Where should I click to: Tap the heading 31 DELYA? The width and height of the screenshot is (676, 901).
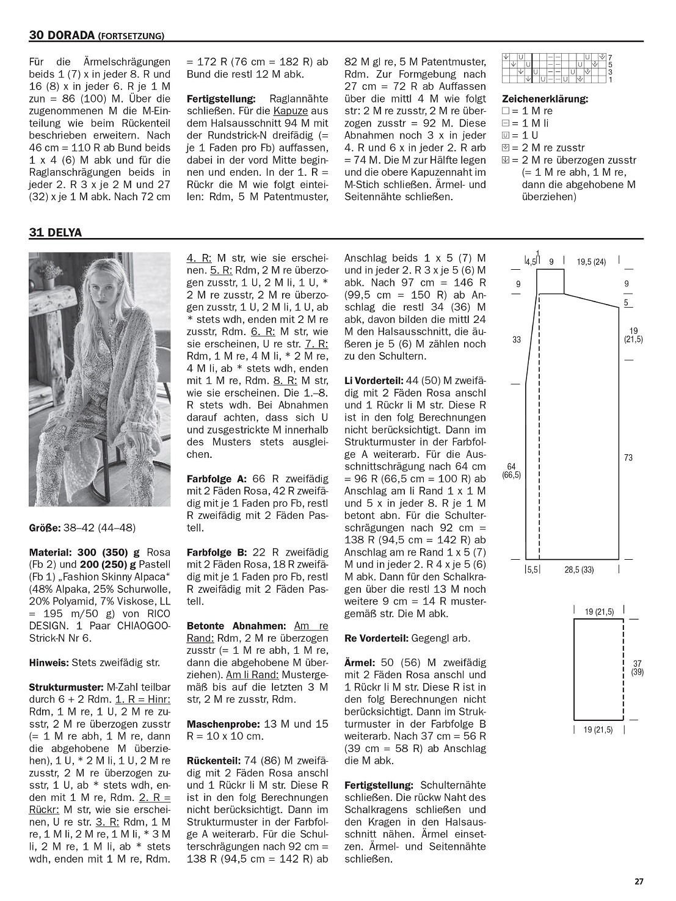pyautogui.click(x=55, y=232)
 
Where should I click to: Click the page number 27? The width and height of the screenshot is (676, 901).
pyautogui.click(x=639, y=881)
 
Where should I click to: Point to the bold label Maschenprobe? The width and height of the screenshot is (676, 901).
pyautogui.click(x=224, y=724)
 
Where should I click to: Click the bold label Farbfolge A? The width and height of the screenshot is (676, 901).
pyautogui.click(x=217, y=479)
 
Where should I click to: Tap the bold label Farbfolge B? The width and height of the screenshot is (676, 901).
pyautogui.click(x=217, y=565)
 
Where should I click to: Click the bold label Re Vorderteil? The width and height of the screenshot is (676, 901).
pyautogui.click(x=376, y=639)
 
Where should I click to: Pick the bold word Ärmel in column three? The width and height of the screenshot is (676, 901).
pyautogui.click(x=360, y=662)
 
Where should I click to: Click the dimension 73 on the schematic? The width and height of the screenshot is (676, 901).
pyautogui.click(x=628, y=458)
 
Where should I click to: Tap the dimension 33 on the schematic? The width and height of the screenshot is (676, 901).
pyautogui.click(x=517, y=339)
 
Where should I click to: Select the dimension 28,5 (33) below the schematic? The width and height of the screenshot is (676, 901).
pyautogui.click(x=579, y=570)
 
